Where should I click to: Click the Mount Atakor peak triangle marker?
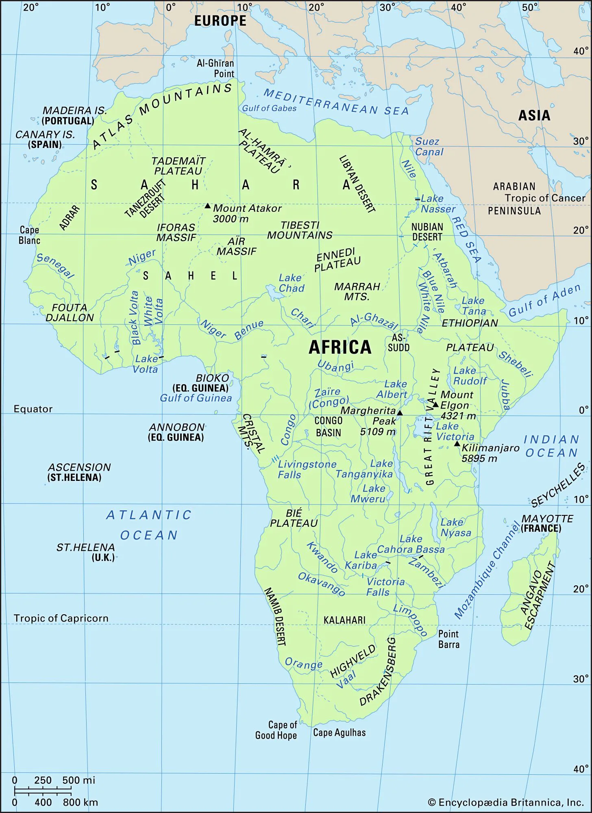coord(207,206)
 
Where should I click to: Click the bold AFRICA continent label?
coord(340,348)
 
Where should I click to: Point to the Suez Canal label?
coord(429,147)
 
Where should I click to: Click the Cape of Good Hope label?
coord(276,730)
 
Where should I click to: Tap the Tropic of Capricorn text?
coord(61,618)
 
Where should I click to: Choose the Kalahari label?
coord(344,620)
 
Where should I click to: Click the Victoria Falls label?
coord(385,587)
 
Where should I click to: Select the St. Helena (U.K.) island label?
coord(86,552)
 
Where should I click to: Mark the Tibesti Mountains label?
coord(300,230)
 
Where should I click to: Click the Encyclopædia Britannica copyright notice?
coord(506,802)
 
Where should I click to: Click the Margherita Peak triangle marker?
coord(400,413)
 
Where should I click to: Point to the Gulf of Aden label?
coord(544,300)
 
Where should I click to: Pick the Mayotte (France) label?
coord(546,523)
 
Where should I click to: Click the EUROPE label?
coord(220,21)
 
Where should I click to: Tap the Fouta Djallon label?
coord(70,313)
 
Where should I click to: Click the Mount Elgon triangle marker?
coord(435,404)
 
